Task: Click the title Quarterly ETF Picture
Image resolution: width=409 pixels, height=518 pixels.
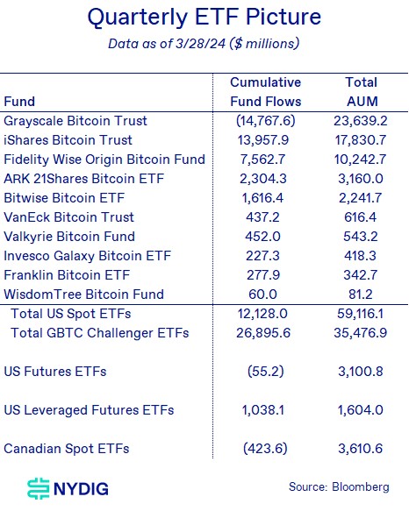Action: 204,18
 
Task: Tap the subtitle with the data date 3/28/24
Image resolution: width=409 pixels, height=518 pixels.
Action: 204,44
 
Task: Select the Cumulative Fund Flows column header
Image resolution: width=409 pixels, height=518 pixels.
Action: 265,92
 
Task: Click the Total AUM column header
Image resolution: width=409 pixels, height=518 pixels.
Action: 362,92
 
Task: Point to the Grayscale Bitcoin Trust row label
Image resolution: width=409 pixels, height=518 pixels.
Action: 75,121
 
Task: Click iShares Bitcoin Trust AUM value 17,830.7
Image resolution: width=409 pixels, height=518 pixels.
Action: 361,140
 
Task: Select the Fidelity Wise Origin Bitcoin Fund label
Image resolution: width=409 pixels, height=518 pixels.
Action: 104,160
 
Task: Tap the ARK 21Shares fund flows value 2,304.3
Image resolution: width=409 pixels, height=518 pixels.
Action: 263,179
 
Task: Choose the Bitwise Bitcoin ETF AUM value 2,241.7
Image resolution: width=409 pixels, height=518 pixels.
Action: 361,198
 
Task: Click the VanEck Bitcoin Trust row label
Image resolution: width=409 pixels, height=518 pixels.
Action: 68,217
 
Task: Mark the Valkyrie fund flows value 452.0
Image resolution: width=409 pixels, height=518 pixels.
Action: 262,237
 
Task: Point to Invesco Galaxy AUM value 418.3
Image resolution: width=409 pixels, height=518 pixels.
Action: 361,256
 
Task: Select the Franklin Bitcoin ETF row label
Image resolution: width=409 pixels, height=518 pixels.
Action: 67,275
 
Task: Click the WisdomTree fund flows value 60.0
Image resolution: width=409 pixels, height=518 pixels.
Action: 262,294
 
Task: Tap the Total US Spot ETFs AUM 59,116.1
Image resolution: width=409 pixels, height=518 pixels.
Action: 361,314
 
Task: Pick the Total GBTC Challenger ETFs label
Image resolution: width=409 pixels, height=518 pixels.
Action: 99,333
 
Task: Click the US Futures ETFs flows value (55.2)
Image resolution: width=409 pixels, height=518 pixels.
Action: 266,372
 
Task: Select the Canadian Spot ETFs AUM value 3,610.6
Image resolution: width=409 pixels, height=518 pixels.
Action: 361,449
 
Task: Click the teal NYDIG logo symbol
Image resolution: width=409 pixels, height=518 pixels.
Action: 39,488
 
